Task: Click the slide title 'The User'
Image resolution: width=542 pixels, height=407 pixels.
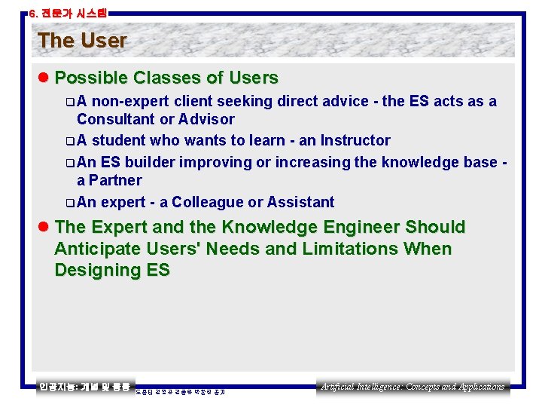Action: coord(82,41)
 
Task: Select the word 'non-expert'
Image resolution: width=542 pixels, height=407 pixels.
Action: coord(129,101)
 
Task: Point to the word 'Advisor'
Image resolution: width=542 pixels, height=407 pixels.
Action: coord(207,119)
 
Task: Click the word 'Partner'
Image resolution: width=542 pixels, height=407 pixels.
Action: coord(115,180)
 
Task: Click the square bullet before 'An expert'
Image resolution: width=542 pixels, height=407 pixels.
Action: coord(70,203)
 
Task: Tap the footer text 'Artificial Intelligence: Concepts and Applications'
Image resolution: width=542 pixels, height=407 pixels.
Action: coord(413,387)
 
